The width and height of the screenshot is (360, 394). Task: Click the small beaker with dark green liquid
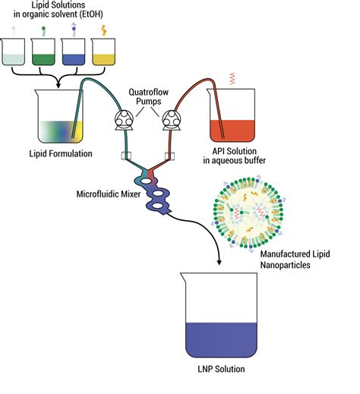click(46, 53)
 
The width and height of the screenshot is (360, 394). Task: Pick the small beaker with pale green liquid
click(14, 53)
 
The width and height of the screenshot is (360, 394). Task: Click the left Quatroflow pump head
click(123, 118)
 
